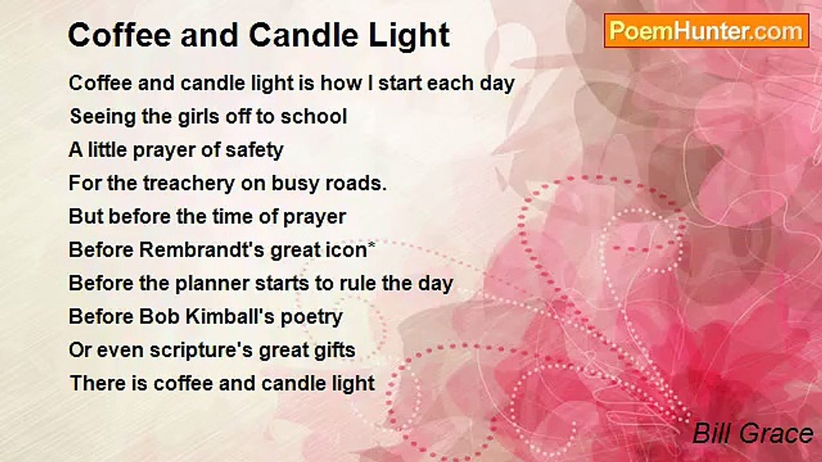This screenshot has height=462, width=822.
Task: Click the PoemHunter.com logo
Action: [x=706, y=31]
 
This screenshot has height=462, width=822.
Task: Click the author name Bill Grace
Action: [x=753, y=433]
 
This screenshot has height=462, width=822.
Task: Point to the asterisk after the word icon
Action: [x=371, y=244]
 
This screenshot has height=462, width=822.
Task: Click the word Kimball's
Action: [x=230, y=316]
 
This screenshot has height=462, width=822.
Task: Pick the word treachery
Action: [x=189, y=184]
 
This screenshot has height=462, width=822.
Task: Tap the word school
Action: [x=314, y=117]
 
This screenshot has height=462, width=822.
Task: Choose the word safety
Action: [x=254, y=150]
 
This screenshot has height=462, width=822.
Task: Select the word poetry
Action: [x=311, y=317]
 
